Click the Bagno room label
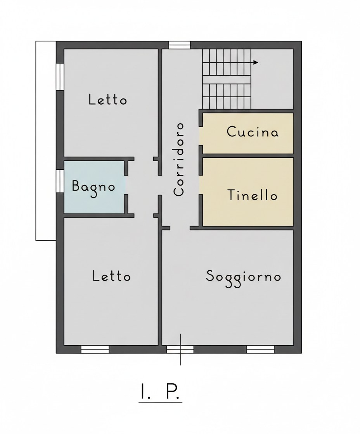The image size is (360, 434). pos(94,187)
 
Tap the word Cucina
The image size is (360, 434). pos(253,132)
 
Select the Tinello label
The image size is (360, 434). pos(252,195)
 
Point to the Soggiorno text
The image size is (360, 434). pos(243,277)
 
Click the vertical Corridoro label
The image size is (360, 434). pos(179,159)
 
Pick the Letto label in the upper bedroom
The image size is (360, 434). pos(107,100)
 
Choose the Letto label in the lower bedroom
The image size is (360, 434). pos(111,276)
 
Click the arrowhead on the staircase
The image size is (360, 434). pos(256,62)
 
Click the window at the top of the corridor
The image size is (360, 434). pos(180,45)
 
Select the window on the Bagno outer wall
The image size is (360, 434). pos(60,181)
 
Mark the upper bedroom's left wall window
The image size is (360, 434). pos(60,76)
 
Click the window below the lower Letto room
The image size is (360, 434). pos(95,349)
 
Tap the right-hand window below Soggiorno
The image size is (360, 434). pos(260,349)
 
